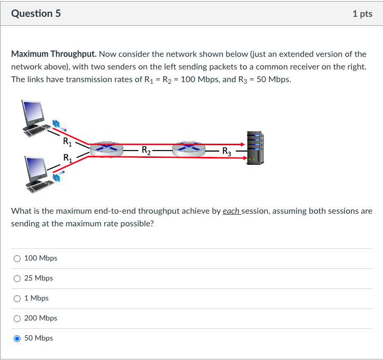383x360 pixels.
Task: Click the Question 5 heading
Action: [36, 14]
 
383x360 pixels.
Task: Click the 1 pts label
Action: [362, 14]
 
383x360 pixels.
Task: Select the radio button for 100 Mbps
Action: [17, 258]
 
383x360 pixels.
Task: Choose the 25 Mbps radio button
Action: [17, 278]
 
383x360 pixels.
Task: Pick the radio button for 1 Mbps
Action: [17, 298]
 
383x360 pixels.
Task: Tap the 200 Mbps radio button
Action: [17, 318]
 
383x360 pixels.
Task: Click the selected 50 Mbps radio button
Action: [17, 338]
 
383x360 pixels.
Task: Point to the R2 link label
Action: [146, 151]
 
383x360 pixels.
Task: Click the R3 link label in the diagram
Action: [227, 152]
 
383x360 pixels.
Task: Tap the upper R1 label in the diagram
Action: [67, 142]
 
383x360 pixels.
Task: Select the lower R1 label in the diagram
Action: [67, 158]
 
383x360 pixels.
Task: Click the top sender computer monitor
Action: [33, 113]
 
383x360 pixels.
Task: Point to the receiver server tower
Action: [256, 148]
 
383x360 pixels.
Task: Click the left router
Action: [106, 149]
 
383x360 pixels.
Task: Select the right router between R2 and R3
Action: [189, 149]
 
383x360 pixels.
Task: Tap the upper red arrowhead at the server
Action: [242, 144]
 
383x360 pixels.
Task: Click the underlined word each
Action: [231, 211]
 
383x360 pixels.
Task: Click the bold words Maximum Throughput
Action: [54, 54]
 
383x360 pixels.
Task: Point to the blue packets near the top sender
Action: [56, 124]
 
